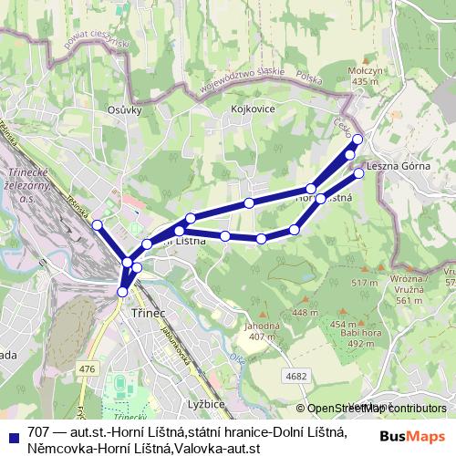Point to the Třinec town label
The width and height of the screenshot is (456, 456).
[x=149, y=312]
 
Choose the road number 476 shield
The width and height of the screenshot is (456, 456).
[x=88, y=368]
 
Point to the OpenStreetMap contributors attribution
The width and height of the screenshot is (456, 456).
[x=374, y=409]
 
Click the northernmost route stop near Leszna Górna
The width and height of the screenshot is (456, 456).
[x=358, y=140]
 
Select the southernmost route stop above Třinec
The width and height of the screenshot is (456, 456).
[x=123, y=292]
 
